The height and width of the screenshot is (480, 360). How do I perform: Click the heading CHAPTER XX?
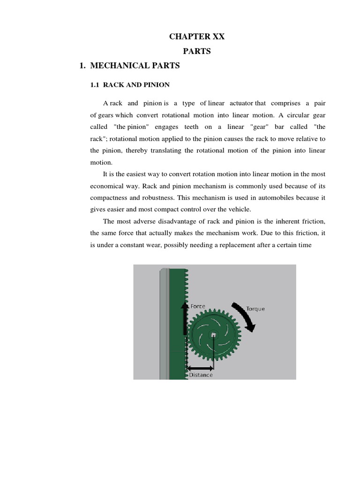pyautogui.click(x=197, y=37)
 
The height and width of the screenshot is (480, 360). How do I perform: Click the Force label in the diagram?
pyautogui.click(x=197, y=306)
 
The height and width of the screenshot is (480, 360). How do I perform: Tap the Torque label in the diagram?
pyautogui.click(x=255, y=309)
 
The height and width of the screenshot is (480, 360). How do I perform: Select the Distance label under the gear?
pyautogui.click(x=201, y=375)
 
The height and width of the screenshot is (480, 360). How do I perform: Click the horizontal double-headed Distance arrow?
pyautogui.click(x=200, y=368)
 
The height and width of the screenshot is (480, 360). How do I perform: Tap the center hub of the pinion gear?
pyautogui.click(x=213, y=335)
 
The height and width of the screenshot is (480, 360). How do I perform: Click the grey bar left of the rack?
pyautogui.click(x=164, y=323)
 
